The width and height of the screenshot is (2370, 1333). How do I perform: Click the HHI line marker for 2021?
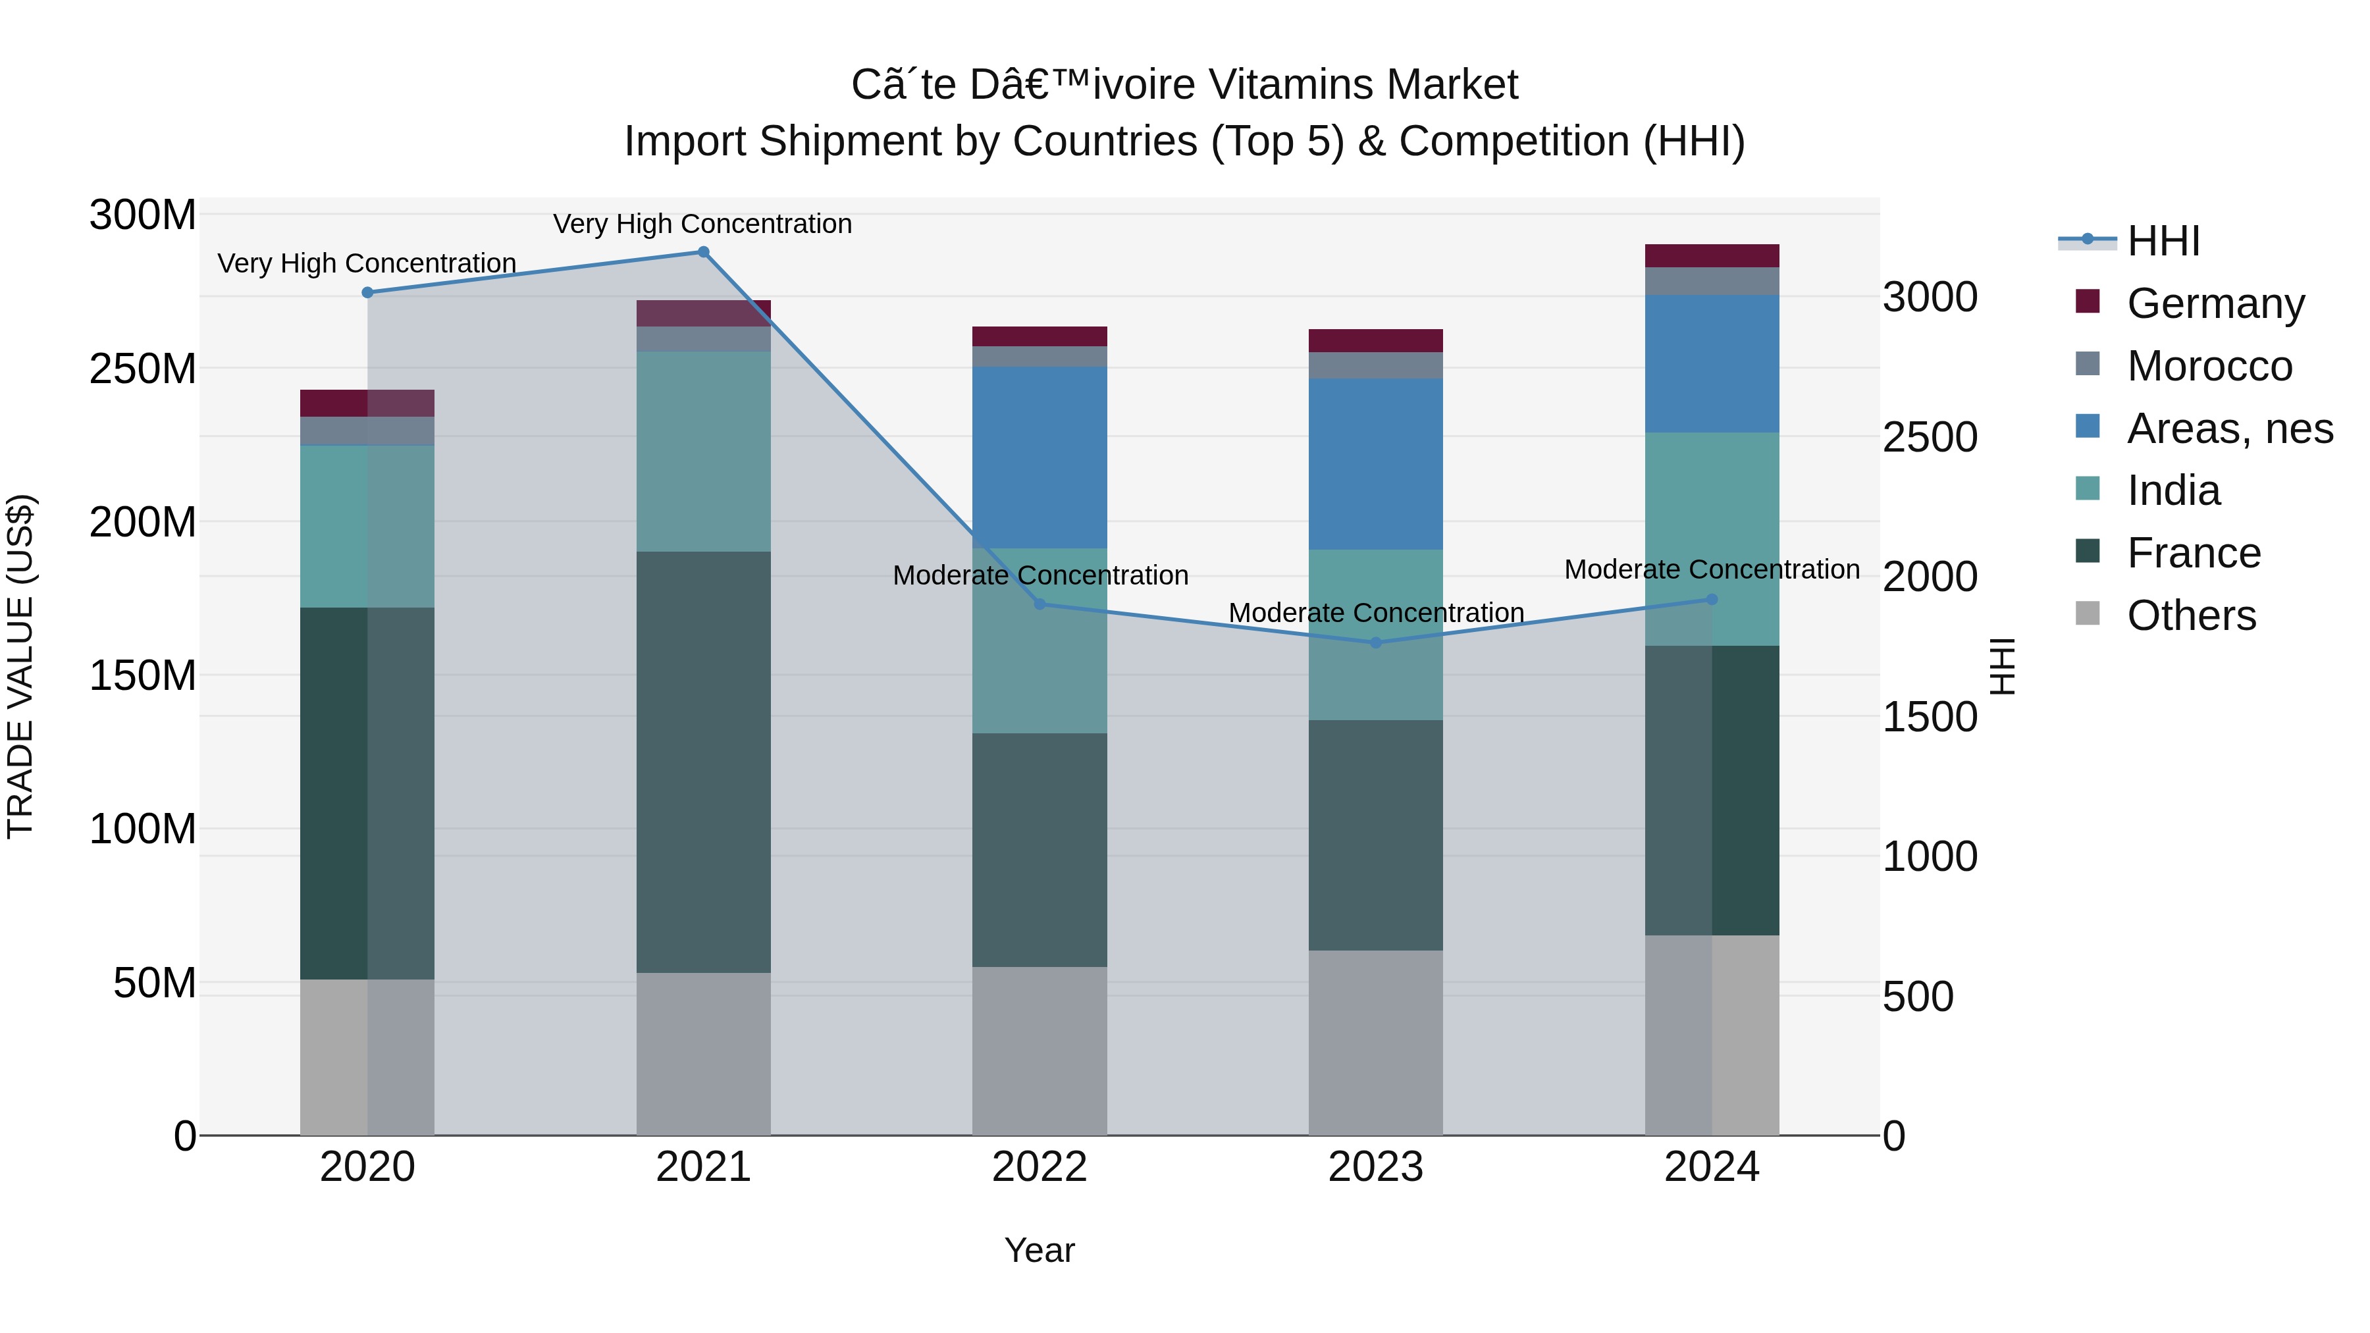[x=703, y=252]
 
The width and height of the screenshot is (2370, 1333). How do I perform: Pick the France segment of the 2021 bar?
[x=703, y=762]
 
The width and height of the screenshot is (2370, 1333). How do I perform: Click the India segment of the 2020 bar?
[x=367, y=526]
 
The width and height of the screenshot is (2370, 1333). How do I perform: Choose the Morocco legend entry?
[x=2209, y=366]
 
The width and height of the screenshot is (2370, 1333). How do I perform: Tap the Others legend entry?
[x=2190, y=615]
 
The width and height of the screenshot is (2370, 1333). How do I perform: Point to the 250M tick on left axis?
[x=143, y=369]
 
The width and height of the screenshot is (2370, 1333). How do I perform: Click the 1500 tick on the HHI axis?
[x=1930, y=717]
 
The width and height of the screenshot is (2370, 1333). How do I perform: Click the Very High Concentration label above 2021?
[x=703, y=224]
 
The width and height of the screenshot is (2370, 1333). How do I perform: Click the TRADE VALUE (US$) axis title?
[x=20, y=666]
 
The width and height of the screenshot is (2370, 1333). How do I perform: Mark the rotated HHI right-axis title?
[x=2003, y=666]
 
